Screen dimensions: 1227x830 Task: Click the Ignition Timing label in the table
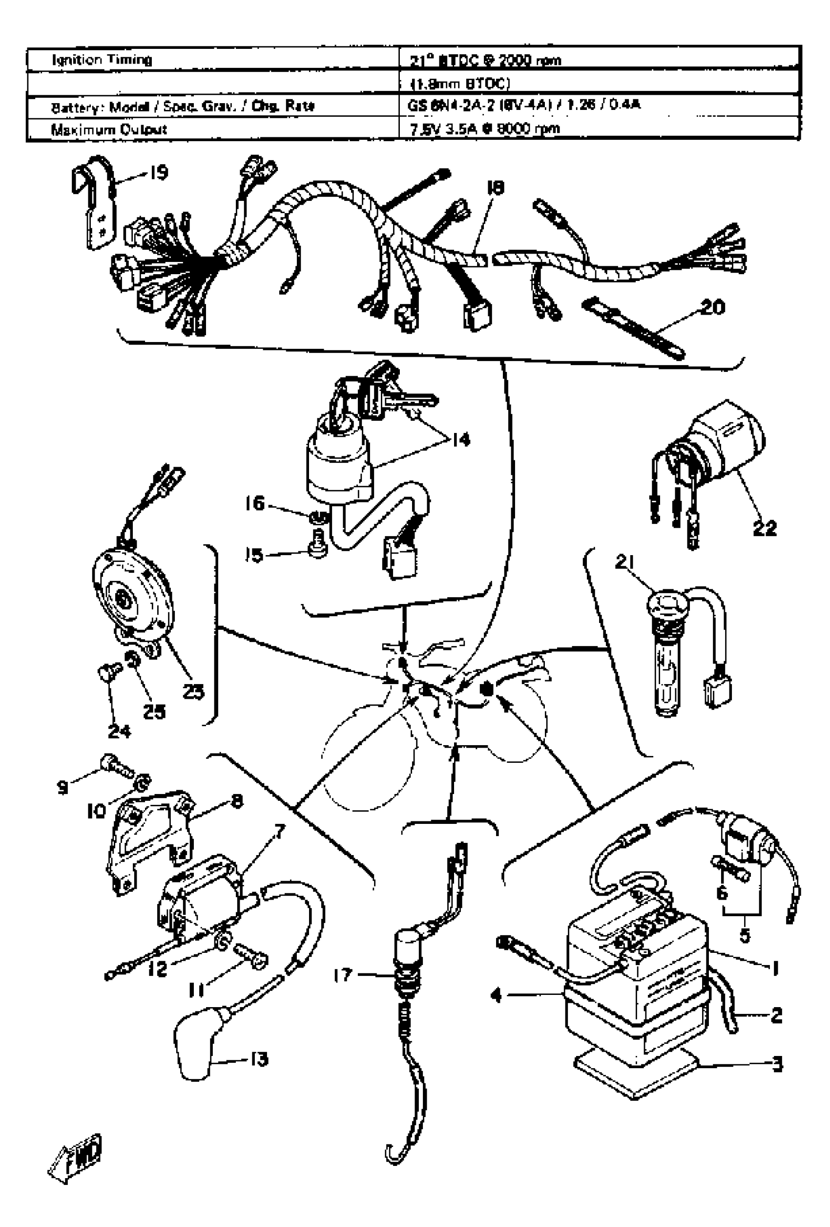coord(102,59)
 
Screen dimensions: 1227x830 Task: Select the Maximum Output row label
coord(109,129)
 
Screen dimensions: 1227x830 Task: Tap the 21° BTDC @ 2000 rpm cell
coord(485,60)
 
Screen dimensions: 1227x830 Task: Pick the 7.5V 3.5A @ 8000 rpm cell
coord(484,129)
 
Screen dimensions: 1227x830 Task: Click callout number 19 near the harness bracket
coord(158,172)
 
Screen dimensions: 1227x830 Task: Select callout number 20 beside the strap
coord(711,307)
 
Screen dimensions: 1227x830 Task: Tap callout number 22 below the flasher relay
coord(765,527)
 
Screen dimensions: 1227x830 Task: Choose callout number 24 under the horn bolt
coord(119,731)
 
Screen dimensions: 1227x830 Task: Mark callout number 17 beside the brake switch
coord(342,975)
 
